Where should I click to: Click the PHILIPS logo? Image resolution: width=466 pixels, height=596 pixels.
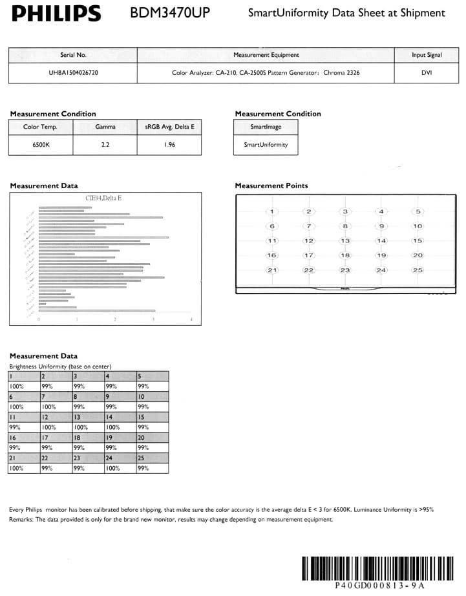[56, 13]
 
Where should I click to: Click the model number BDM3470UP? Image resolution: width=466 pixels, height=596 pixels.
[170, 13]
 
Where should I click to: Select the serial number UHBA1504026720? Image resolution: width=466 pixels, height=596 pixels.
[73, 73]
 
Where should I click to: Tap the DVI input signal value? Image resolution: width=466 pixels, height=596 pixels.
[427, 73]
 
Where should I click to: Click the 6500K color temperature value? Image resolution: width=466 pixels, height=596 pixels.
[40, 145]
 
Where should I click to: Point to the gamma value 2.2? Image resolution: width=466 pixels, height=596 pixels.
[105, 145]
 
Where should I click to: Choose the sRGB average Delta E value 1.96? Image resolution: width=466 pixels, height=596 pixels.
[169, 145]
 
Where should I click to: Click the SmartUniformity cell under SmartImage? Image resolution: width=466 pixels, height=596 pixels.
[265, 145]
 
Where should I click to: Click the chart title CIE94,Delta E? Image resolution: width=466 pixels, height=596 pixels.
[103, 197]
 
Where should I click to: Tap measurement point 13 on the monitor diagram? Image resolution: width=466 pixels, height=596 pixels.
[345, 240]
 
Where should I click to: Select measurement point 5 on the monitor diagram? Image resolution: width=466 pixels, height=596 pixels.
[418, 211]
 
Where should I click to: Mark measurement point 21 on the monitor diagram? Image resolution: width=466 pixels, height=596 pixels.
[272, 270]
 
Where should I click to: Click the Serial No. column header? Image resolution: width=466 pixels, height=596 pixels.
[73, 56]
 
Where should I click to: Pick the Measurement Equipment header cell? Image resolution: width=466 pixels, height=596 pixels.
[266, 56]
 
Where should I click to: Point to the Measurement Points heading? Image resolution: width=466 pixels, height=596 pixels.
[271, 186]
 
